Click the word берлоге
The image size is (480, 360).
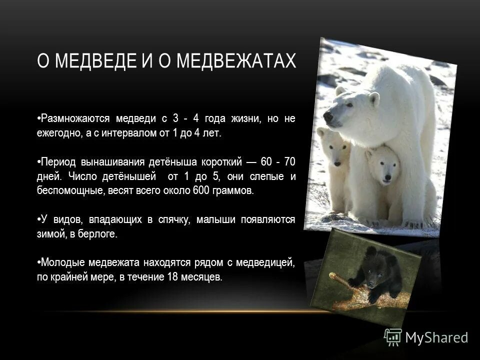pyautogui.click(x=100, y=234)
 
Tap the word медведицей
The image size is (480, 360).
pyautogui.click(x=269, y=263)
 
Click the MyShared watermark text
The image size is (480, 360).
pyautogui.click(x=436, y=337)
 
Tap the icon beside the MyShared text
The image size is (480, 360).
pyautogui.click(x=393, y=337)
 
